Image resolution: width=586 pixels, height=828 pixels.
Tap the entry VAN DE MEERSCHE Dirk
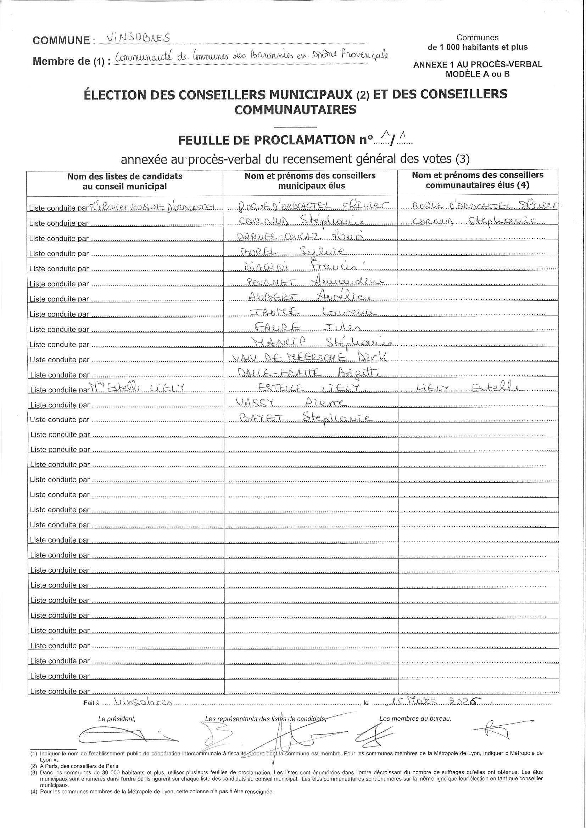(x=313, y=357)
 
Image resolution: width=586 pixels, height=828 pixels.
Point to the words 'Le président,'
(x=117, y=718)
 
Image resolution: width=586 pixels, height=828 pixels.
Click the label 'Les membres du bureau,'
(x=415, y=718)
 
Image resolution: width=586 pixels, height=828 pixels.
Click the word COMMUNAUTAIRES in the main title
(x=295, y=109)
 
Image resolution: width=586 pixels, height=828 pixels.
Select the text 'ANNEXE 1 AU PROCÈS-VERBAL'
(x=477, y=64)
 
